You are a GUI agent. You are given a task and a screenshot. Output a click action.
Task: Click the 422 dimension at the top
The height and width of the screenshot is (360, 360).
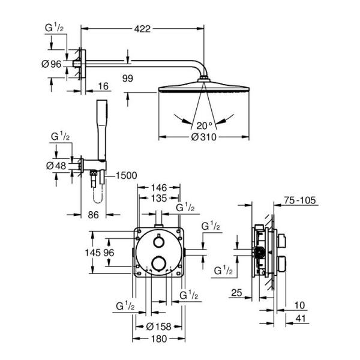[x=142, y=28]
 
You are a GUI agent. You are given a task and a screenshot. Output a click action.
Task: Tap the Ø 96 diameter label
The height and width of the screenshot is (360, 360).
[x=53, y=65]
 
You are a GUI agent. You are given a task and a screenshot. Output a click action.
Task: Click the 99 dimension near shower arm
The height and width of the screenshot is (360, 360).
[x=127, y=78]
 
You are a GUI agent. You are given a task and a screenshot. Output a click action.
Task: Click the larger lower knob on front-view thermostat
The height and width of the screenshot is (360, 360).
[x=158, y=263]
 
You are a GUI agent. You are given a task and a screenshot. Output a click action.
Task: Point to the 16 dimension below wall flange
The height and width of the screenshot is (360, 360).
[x=103, y=86]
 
